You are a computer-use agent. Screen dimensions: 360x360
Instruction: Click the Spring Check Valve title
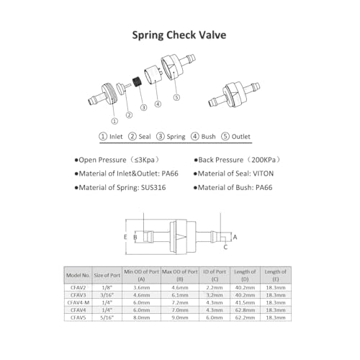(x=179, y=34)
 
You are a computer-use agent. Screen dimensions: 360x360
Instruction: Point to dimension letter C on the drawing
(x=225, y=247)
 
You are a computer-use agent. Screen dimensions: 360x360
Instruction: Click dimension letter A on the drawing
(x=235, y=235)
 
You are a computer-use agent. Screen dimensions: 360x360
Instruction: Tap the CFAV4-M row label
(x=77, y=302)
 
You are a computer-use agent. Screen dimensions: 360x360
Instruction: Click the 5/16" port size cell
(x=107, y=319)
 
